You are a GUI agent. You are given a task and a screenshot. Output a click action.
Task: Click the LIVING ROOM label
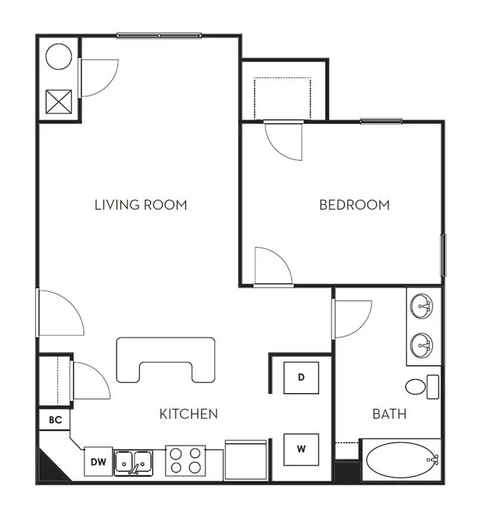coord(141,205)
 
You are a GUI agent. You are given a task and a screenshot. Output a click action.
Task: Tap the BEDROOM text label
coord(354,205)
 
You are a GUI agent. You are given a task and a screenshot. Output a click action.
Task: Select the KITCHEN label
coord(188,413)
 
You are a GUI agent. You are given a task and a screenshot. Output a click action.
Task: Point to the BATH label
coord(389,413)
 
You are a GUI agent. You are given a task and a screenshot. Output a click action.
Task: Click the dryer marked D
coord(301,378)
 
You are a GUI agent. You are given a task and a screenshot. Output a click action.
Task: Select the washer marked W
coord(301,449)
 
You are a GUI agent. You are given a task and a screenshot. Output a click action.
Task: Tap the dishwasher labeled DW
coord(98,461)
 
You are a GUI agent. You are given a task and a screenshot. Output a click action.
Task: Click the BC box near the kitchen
coord(55,420)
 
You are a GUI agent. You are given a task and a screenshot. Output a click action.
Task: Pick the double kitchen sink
coord(134,462)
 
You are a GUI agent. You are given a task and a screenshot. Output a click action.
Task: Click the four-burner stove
coord(185,461)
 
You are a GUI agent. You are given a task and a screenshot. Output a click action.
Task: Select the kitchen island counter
coord(166,358)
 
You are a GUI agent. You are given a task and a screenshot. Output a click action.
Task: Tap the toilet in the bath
coord(421,386)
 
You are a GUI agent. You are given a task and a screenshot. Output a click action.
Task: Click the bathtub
coord(402,460)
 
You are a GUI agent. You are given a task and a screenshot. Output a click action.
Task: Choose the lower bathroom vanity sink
coord(423,344)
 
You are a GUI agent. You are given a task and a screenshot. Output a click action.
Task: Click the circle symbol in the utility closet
coord(59,56)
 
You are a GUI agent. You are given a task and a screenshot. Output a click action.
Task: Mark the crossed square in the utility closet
coord(59,101)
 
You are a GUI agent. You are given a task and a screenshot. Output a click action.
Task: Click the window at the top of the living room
coord(159,36)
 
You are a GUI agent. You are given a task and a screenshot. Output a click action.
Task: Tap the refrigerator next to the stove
coord(246,460)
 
